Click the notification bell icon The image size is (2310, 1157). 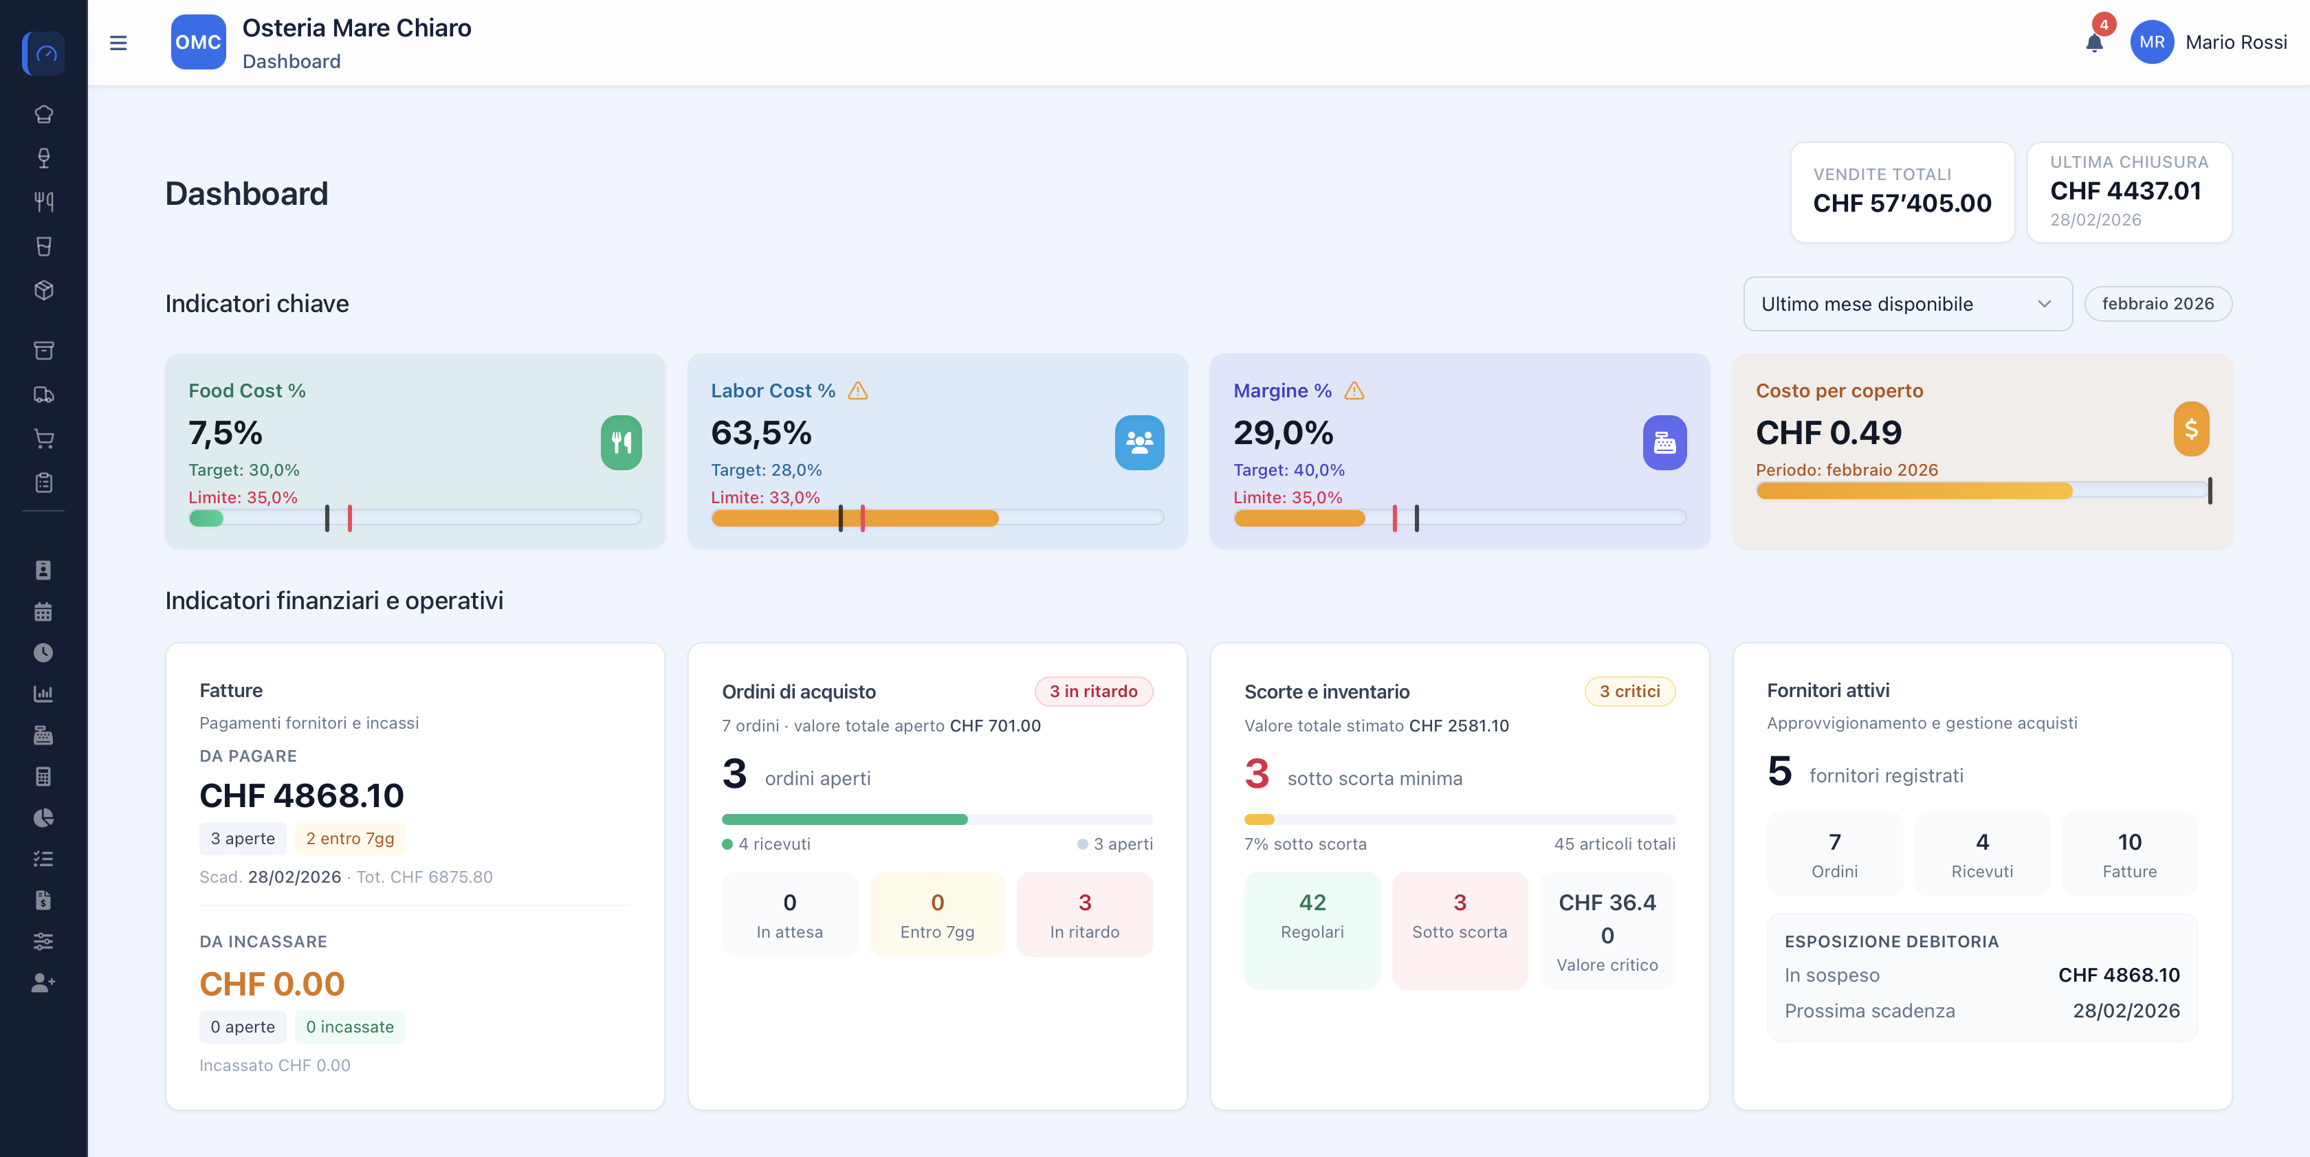[2094, 43]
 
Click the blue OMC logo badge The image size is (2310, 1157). [198, 42]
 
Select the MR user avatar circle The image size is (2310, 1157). [2151, 42]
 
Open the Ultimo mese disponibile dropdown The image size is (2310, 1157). [1907, 304]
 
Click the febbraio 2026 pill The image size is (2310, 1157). [2157, 304]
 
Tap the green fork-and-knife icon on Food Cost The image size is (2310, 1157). [621, 442]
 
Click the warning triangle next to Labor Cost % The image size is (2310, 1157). [858, 391]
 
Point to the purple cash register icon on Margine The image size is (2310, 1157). [1664, 442]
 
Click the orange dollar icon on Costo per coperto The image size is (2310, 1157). [2191, 429]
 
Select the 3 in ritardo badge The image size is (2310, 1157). [1093, 692]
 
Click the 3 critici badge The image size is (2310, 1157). [1629, 692]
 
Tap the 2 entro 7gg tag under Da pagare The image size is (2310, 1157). [350, 839]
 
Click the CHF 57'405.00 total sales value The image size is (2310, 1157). [1902, 203]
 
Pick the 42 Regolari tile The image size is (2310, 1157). [1312, 931]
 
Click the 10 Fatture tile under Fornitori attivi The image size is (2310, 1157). [2130, 854]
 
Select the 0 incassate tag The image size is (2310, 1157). [350, 1027]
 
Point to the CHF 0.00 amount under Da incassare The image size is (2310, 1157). [272, 984]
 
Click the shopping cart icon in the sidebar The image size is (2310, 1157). [43, 439]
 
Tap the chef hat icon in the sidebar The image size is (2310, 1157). [43, 114]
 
